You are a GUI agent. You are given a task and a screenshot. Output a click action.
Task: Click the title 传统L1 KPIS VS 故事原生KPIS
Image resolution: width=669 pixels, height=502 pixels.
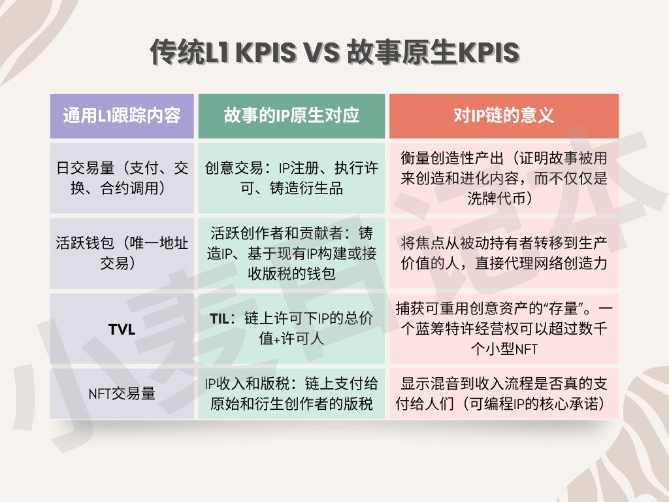point(334,52)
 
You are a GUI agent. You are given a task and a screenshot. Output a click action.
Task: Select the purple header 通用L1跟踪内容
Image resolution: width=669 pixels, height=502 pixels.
point(122,116)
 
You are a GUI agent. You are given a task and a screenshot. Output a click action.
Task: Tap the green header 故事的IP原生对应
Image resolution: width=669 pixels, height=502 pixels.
point(291,116)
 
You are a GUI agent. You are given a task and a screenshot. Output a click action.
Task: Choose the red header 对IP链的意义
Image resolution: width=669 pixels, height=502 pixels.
point(504,116)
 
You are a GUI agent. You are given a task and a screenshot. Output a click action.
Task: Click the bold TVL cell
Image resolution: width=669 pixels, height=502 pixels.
point(122,329)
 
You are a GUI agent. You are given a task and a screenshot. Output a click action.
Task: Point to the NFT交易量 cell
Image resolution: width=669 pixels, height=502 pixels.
point(122,393)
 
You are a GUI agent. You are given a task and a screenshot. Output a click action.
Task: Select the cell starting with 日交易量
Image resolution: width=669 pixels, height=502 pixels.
point(122,178)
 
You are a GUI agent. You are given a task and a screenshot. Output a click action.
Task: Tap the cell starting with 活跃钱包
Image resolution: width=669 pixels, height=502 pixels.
point(122,253)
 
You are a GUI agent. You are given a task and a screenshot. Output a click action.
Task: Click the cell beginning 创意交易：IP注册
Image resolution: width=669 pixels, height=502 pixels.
point(291,178)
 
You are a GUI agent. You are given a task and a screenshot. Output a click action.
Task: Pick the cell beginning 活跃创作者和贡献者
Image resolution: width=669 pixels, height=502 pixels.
point(291,253)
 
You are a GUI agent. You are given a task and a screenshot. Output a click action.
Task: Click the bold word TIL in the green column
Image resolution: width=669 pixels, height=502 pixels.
point(220,318)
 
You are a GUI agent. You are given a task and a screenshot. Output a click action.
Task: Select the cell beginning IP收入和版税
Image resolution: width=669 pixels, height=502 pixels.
point(291,393)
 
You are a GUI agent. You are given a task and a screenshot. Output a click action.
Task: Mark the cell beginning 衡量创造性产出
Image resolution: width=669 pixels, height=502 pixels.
point(504,178)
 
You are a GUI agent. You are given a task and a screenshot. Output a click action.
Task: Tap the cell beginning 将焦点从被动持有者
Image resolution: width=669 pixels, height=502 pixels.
point(504,253)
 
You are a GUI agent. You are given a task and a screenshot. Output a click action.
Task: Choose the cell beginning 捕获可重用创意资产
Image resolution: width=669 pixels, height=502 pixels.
point(504,328)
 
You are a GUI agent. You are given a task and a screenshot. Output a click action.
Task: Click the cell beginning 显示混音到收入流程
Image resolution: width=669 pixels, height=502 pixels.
point(504,393)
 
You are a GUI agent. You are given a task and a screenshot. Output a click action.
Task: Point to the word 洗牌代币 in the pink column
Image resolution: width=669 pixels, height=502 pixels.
point(497,198)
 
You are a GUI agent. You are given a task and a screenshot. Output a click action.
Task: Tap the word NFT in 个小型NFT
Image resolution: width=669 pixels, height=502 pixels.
point(526,350)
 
